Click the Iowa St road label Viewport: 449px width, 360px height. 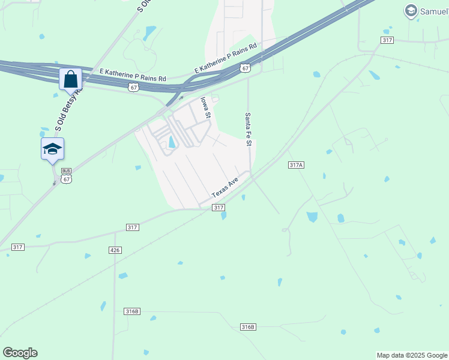coord(206,107)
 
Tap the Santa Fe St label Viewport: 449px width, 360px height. coord(247,129)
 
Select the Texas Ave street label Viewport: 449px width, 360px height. coord(226,187)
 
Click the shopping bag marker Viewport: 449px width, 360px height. coord(70,79)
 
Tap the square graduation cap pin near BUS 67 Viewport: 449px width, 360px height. coord(52,149)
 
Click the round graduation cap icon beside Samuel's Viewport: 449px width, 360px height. coord(411,10)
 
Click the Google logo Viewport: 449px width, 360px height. coord(20,353)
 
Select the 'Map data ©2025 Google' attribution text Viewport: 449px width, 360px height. coord(412,355)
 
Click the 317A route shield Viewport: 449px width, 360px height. coord(296,165)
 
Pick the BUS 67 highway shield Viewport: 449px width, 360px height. coord(66,175)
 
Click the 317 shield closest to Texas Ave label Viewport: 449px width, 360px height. coord(218,208)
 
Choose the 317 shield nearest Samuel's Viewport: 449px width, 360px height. coord(387,40)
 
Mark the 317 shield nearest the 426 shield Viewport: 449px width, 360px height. coord(133,227)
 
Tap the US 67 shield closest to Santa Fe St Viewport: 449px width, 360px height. coord(245,68)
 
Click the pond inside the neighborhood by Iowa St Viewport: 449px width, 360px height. coord(172,142)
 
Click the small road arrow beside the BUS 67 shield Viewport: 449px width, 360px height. coord(55,180)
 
